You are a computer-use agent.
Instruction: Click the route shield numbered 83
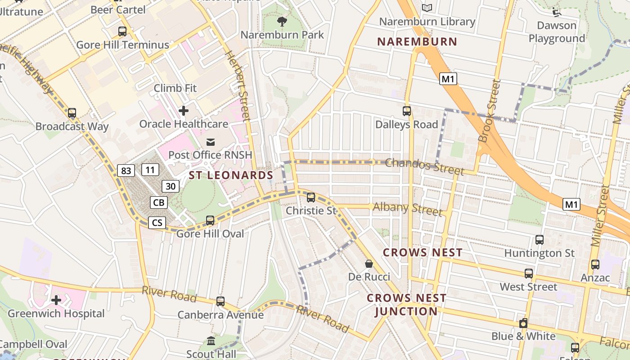[x=126, y=171]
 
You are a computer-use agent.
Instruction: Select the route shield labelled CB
[x=158, y=202]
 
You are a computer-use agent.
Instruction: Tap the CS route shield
[x=157, y=222]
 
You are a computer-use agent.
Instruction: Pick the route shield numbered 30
[x=171, y=186]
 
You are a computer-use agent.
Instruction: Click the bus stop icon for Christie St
[x=310, y=198]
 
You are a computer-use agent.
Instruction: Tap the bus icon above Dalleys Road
[x=407, y=111]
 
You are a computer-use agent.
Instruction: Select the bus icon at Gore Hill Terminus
[x=122, y=31]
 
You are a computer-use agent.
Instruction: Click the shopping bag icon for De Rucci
[x=369, y=264]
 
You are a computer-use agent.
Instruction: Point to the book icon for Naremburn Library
[x=427, y=8]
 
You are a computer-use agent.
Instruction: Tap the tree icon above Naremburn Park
[x=282, y=21]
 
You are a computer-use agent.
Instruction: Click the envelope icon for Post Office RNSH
[x=210, y=142]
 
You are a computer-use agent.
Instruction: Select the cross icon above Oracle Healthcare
[x=184, y=110]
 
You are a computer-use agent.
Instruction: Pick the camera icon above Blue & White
[x=523, y=323]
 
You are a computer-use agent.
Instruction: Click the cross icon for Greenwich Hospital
[x=56, y=300]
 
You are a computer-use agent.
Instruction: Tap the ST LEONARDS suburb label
[x=231, y=175]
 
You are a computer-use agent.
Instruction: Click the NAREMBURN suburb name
[x=417, y=42]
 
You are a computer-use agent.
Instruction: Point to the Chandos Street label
[x=424, y=166]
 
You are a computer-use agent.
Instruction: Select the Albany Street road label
[x=408, y=208]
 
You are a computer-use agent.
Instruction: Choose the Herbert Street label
[x=237, y=86]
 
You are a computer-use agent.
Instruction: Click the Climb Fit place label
[x=175, y=88]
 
